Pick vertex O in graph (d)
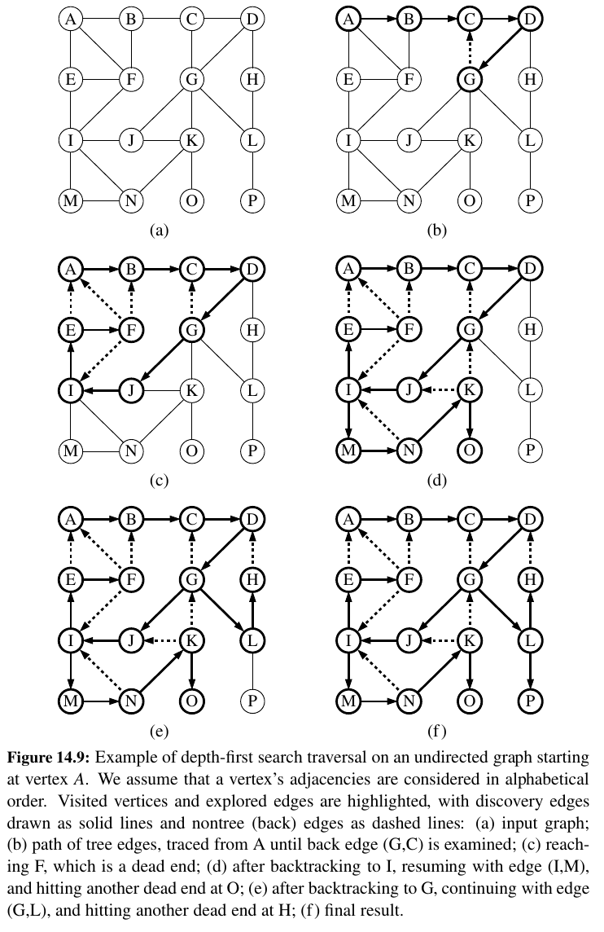tap(469, 449)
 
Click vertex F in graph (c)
tap(130, 330)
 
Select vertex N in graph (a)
tap(130, 200)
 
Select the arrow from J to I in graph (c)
tap(101, 390)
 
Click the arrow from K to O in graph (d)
tap(469, 420)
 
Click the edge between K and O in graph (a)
tap(192, 170)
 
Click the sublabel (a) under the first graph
tap(160, 231)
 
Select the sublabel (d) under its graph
tap(438, 480)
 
